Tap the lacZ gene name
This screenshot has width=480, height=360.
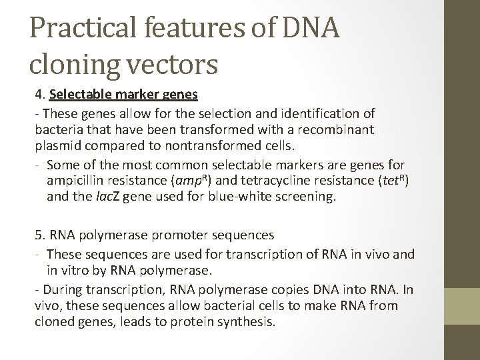pyautogui.click(x=100, y=197)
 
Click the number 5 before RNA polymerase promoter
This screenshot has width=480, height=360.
pyautogui.click(x=39, y=236)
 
